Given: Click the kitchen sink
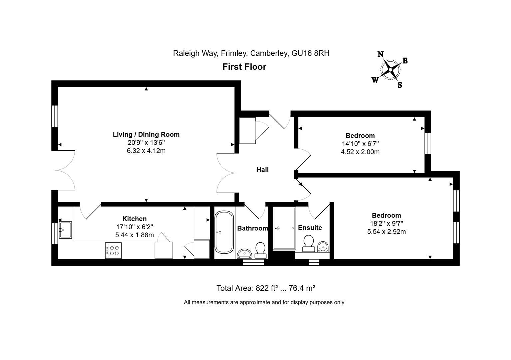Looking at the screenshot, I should pos(65,230).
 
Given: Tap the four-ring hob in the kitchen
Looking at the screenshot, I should pos(113,250).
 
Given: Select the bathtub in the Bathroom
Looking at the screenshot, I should pos(224,232).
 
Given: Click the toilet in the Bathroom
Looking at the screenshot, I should pos(260,250).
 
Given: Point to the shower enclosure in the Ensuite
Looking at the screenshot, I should pos(284,228).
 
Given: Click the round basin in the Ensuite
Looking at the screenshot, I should pos(323,247).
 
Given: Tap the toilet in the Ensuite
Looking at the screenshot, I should pos(309,243).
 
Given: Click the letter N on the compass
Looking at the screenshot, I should pos(380,54).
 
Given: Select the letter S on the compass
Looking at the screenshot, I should pos(400,85).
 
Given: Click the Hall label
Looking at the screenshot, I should pos(262,170).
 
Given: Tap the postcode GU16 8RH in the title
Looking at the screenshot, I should pos(310,53).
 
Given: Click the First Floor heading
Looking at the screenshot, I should pos(244,67).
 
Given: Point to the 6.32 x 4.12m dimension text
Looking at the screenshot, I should pos(146,151).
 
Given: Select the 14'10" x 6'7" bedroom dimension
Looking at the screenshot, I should pos(360,144).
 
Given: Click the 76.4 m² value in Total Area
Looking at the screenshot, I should pos(302,288).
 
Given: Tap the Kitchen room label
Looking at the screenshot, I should pos(134,219).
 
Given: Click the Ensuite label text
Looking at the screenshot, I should pos(310,228).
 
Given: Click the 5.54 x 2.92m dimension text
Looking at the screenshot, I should pos(386,231).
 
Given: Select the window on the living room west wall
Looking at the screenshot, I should pos(55,116).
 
